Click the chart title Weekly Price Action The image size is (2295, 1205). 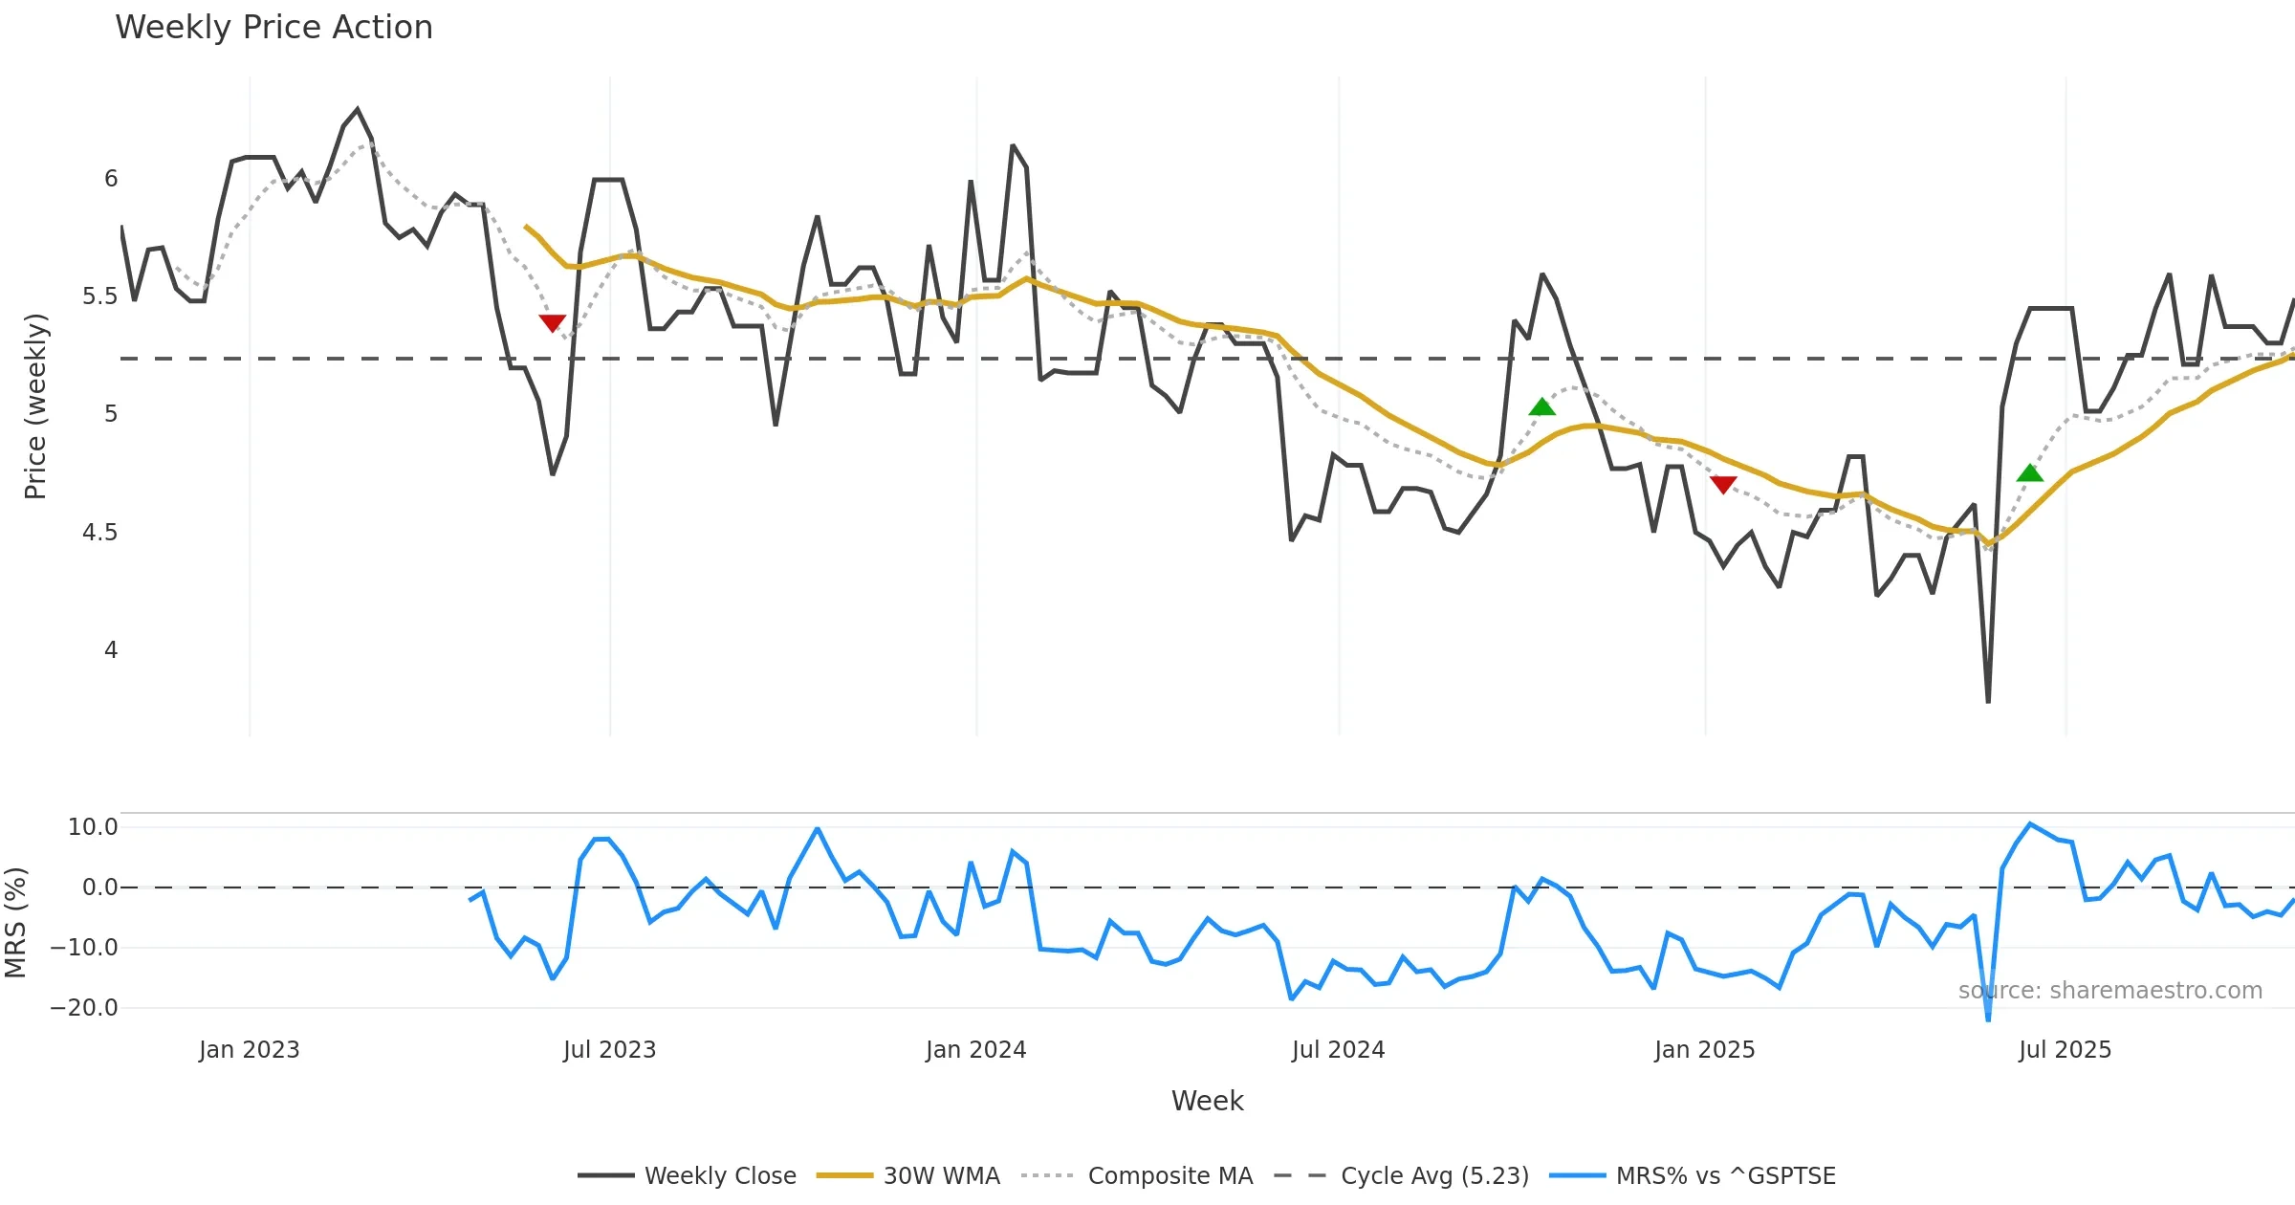[273, 28]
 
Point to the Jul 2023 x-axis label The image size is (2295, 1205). [609, 1050]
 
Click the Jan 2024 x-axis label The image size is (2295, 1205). [975, 1050]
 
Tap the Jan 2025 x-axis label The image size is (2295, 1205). [1704, 1050]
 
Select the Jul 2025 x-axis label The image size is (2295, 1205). [2065, 1050]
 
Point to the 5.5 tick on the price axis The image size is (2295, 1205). [99, 296]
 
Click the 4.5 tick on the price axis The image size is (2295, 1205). [99, 533]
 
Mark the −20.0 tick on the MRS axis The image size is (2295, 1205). [84, 1008]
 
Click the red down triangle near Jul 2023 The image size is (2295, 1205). [552, 323]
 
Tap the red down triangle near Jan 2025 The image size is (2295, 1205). [1723, 485]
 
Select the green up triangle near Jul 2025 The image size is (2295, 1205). [2029, 472]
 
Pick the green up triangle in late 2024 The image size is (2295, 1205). [1541, 406]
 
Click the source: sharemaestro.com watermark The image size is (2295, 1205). [2109, 991]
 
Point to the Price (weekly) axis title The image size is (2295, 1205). [35, 406]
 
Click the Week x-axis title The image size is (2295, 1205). [1207, 1101]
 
